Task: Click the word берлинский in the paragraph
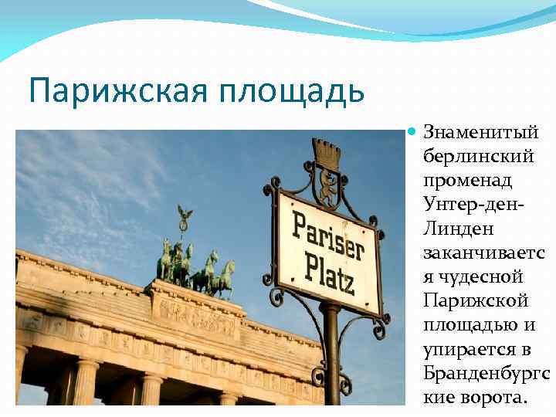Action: (479, 157)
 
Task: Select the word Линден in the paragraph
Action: (457, 229)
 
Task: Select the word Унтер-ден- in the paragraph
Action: (476, 205)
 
